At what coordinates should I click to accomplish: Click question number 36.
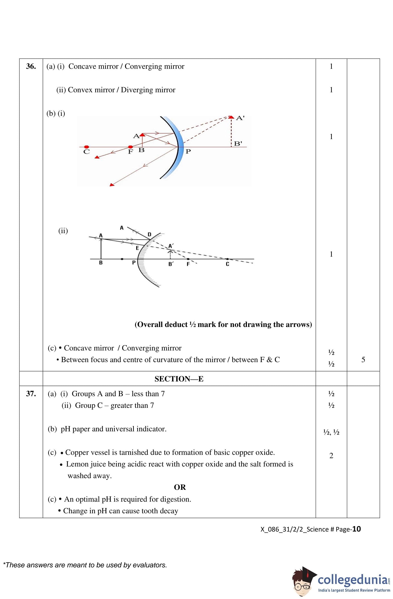point(31,66)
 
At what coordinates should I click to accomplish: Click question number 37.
point(31,393)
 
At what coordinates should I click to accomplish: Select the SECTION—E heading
point(179,379)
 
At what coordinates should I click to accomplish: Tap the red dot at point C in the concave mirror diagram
point(86,147)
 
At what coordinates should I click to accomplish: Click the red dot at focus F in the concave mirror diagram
point(130,147)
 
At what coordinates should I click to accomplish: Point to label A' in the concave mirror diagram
point(240,118)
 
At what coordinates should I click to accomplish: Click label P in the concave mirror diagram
point(188,152)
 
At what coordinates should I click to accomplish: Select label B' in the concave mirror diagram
point(238,144)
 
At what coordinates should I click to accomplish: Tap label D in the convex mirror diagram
point(149,234)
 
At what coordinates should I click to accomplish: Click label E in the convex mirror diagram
point(137,248)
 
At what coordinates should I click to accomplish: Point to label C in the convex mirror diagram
point(227,264)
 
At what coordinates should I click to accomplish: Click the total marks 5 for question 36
point(363,359)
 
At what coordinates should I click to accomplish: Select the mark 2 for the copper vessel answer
point(331,456)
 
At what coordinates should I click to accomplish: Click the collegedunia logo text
point(353,579)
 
